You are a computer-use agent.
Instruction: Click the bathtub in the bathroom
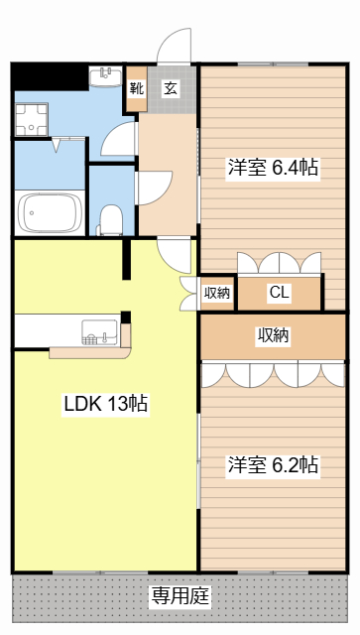[50, 212]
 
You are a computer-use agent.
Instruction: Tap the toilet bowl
[110, 217]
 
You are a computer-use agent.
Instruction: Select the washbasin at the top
[104, 77]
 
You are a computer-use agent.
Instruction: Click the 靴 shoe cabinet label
[137, 88]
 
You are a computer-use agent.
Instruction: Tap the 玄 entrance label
[170, 88]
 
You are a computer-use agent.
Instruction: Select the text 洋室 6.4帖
[273, 168]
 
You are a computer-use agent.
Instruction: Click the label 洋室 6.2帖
[273, 464]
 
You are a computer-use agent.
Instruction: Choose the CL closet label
[279, 293]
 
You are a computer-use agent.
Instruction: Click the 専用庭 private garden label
[180, 595]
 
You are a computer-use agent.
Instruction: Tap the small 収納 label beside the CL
[217, 293]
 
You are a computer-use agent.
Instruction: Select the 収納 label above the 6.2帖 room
[273, 336]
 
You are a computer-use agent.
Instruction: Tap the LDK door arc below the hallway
[175, 256]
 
